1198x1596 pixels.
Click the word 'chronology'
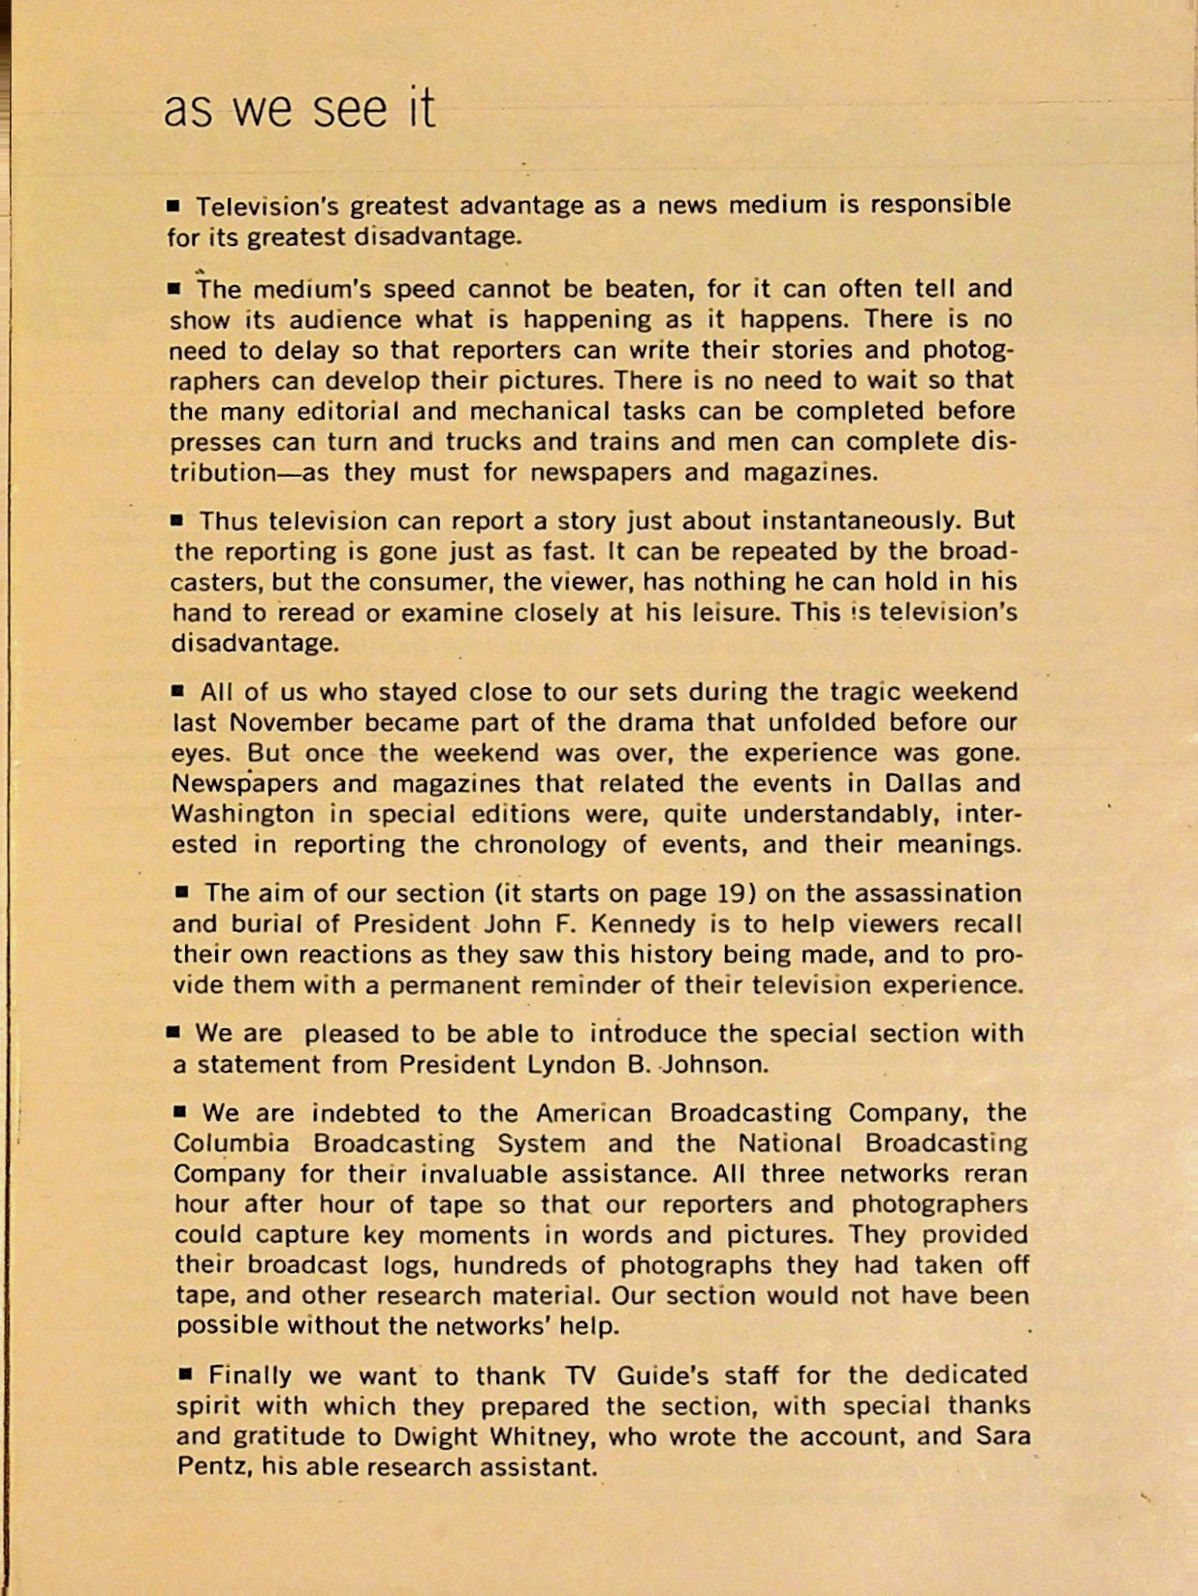540,845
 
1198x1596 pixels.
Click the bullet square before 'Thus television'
176,520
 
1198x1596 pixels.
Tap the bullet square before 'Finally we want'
186,1373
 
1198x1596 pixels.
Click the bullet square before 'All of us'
177,691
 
